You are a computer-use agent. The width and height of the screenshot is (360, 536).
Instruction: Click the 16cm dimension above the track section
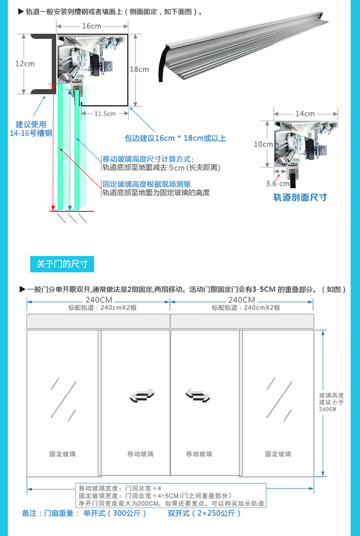click(x=91, y=26)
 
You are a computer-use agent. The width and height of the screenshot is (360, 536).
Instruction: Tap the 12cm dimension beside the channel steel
click(x=24, y=63)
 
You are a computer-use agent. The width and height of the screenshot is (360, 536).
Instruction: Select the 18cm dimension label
click(x=139, y=69)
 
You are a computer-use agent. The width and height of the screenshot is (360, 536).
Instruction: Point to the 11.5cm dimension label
click(x=105, y=114)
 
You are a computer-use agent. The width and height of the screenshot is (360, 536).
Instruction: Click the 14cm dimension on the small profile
click(x=305, y=114)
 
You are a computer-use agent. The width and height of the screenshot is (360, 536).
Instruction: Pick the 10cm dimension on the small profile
click(x=263, y=144)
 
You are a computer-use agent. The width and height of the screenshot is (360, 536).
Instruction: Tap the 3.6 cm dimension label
click(x=277, y=183)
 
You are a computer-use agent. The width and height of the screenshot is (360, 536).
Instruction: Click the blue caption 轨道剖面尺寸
click(x=300, y=197)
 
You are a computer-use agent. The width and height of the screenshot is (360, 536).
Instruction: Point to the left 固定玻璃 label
click(x=62, y=454)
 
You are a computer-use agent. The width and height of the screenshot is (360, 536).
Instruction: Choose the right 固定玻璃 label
click(x=278, y=454)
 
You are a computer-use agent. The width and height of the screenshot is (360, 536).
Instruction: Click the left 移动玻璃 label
click(x=140, y=454)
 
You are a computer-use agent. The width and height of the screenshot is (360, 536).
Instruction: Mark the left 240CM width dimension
click(x=98, y=300)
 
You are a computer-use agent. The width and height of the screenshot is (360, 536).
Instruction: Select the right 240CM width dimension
click(x=242, y=300)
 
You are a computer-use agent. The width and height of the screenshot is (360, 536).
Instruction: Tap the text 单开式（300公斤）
click(x=115, y=513)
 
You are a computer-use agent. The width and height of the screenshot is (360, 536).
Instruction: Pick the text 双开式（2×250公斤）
click(x=204, y=513)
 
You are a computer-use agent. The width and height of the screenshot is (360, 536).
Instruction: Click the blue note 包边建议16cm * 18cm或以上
click(x=175, y=138)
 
